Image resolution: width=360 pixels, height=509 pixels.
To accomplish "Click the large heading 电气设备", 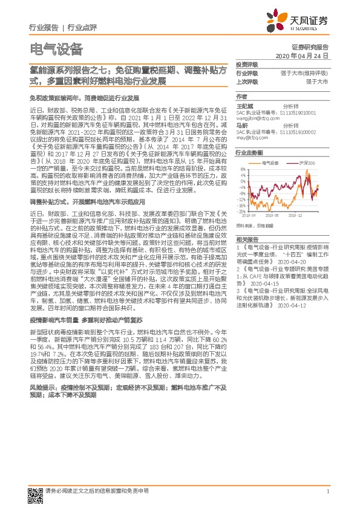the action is click(56, 49).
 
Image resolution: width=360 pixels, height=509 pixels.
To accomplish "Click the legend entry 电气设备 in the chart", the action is click(270, 163).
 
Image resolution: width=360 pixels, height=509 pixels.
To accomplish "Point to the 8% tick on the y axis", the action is click(243, 169).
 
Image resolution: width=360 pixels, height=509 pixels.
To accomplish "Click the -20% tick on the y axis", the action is click(242, 212).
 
